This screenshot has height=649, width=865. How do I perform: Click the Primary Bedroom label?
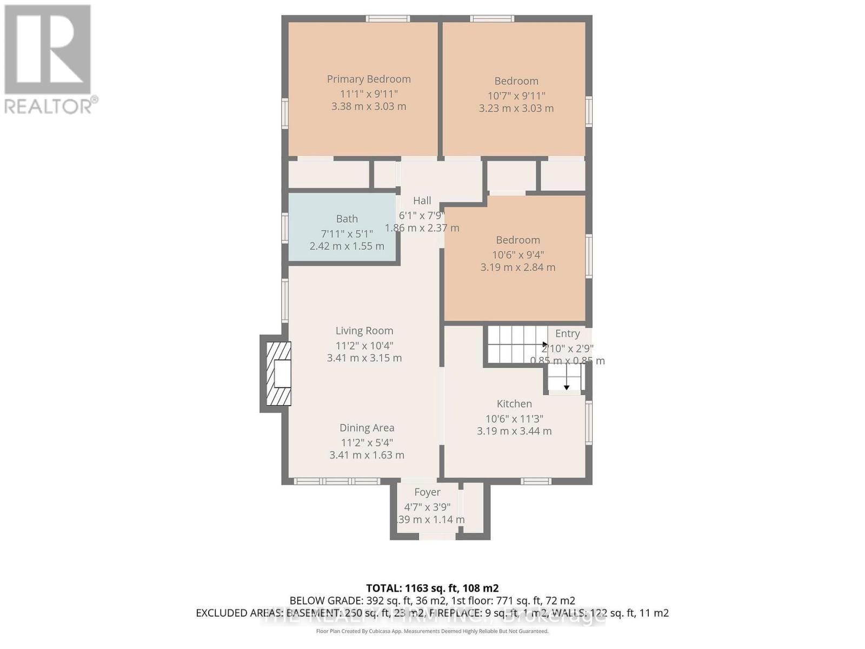coord(369,79)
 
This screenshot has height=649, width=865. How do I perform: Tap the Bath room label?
coord(347,218)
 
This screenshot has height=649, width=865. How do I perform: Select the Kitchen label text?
coord(514,403)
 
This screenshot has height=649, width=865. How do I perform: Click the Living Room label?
coord(364,330)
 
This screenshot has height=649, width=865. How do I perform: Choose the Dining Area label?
coord(367,428)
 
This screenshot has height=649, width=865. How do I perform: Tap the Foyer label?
coord(427,492)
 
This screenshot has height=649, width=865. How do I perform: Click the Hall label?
coord(422,201)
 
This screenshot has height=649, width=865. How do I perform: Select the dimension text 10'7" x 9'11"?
coord(516,96)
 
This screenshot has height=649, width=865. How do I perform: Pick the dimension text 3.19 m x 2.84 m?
coord(517,267)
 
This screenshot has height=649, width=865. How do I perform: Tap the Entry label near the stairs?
coord(567,334)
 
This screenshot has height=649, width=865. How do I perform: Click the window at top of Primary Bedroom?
coord(387,19)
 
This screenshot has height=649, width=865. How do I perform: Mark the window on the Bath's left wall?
coord(284,228)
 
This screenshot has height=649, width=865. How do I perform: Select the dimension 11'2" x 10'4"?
coord(364,345)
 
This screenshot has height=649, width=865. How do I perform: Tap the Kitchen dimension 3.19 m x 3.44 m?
coord(514,431)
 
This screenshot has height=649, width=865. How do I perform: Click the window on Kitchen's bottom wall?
coord(536,481)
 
